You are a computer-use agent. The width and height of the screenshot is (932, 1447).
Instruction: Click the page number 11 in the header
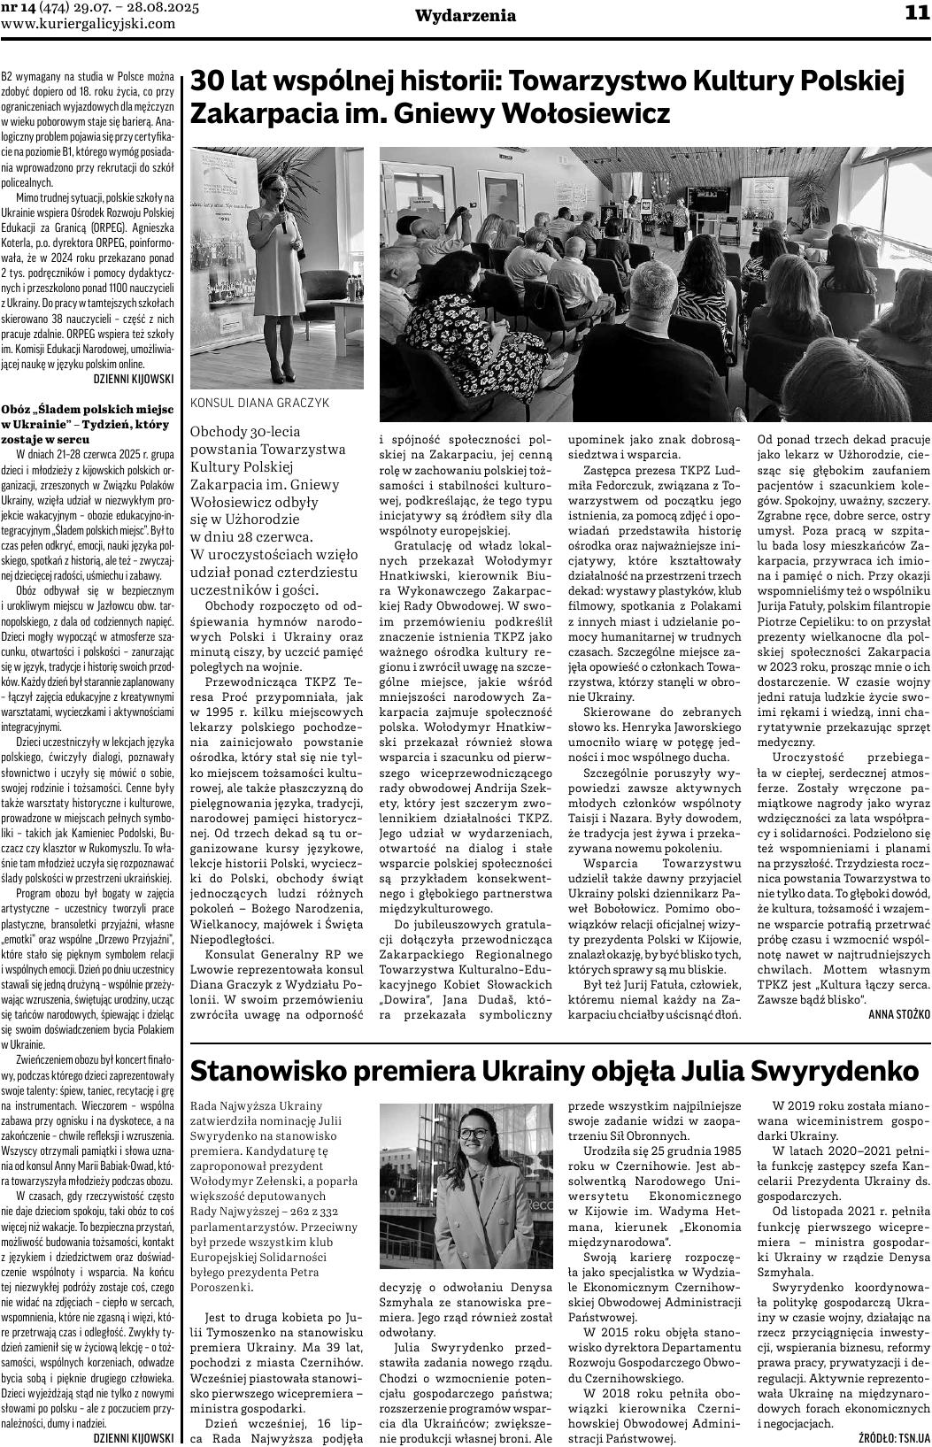coord(915,13)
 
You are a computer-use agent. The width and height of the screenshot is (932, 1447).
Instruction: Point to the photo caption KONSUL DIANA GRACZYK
coord(259,403)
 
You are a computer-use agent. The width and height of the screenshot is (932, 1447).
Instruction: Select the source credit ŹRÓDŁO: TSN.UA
coord(894,1439)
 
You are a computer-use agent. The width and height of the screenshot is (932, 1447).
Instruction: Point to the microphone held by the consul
coord(282,220)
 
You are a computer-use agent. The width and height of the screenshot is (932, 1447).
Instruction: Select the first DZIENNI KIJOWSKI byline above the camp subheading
coord(133,378)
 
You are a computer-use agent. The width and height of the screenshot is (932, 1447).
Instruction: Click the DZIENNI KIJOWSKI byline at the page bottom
coord(133,1439)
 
